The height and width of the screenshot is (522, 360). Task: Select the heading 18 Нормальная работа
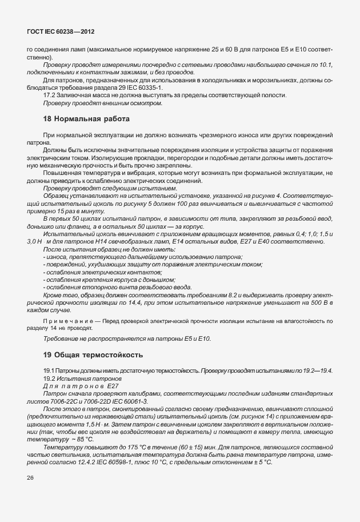coord(87,119)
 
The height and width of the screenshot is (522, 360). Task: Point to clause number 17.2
coord(50,95)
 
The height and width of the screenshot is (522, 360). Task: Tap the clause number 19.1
coord(49,371)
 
